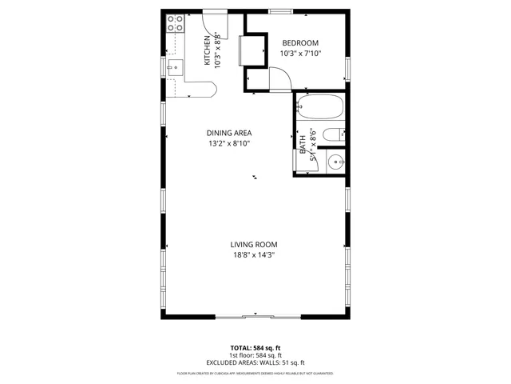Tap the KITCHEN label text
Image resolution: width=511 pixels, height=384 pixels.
tap(207, 50)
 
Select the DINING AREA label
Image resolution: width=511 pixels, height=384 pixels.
tap(229, 133)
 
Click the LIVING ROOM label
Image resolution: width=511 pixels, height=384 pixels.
tap(254, 245)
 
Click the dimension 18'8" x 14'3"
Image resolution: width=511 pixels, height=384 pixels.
tap(254, 256)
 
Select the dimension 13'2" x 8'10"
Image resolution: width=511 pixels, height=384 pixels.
tap(229, 144)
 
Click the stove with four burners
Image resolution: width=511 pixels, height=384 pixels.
tap(173, 26)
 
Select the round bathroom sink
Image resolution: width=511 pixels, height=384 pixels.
tap(336, 162)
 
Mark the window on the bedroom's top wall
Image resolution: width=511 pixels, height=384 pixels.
tap(279, 11)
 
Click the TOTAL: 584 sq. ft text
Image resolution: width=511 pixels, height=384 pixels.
tap(255, 348)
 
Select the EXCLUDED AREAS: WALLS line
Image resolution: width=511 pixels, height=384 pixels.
tap(255, 362)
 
